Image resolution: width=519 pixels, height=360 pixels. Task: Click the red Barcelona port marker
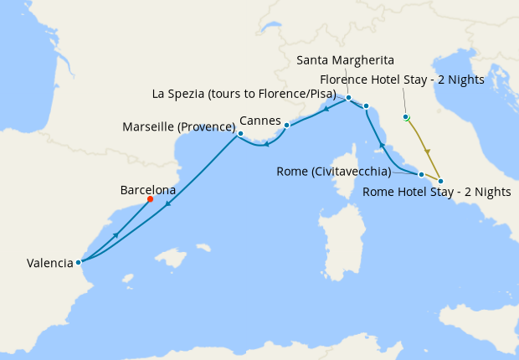pos(150,199)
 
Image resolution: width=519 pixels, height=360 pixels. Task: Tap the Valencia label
pos(49,263)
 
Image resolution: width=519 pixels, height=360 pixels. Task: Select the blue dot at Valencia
pos(78,262)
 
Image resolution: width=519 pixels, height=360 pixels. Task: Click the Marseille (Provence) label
pos(178,127)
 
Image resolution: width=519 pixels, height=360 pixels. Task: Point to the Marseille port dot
pos(240,133)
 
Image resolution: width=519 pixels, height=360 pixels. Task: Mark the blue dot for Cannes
pos(286,126)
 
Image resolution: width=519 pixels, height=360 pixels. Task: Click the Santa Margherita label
pos(346,60)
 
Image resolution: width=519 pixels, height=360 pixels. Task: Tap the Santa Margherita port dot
pos(348,98)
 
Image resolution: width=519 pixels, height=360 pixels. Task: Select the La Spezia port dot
pos(366,105)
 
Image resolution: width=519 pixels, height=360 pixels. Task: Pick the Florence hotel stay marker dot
pos(406,117)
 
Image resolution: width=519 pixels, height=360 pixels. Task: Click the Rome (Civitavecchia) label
pos(332,172)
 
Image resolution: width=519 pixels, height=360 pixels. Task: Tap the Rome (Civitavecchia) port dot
pos(421,174)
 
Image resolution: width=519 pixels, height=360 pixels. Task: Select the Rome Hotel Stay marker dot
pos(440,181)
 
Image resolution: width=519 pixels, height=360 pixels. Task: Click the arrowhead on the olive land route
pos(428,152)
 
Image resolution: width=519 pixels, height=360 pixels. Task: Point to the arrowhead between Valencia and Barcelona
pos(115,234)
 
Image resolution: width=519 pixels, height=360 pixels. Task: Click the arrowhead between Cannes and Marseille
pos(265,144)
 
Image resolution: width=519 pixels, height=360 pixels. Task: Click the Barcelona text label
pos(148,190)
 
